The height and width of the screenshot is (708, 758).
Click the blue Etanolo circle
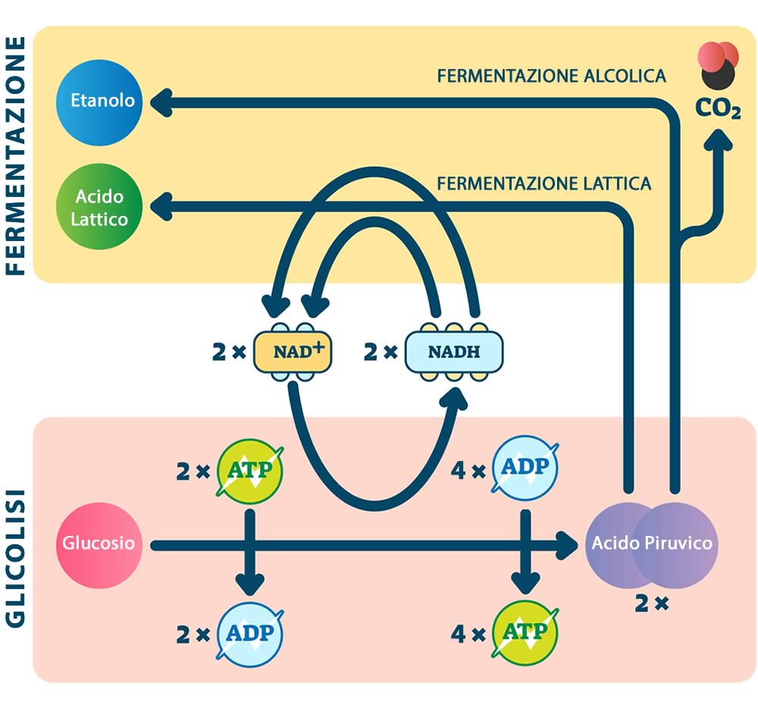[102, 101]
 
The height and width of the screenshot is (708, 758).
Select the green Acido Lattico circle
[99, 208]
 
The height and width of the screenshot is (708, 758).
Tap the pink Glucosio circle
[99, 543]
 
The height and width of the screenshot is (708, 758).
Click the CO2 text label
[718, 109]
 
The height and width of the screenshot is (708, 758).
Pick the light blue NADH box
[454, 352]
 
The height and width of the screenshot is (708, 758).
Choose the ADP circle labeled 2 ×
[250, 634]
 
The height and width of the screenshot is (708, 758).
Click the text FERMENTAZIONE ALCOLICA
[551, 76]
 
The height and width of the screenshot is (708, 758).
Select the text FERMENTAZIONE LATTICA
[543, 183]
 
